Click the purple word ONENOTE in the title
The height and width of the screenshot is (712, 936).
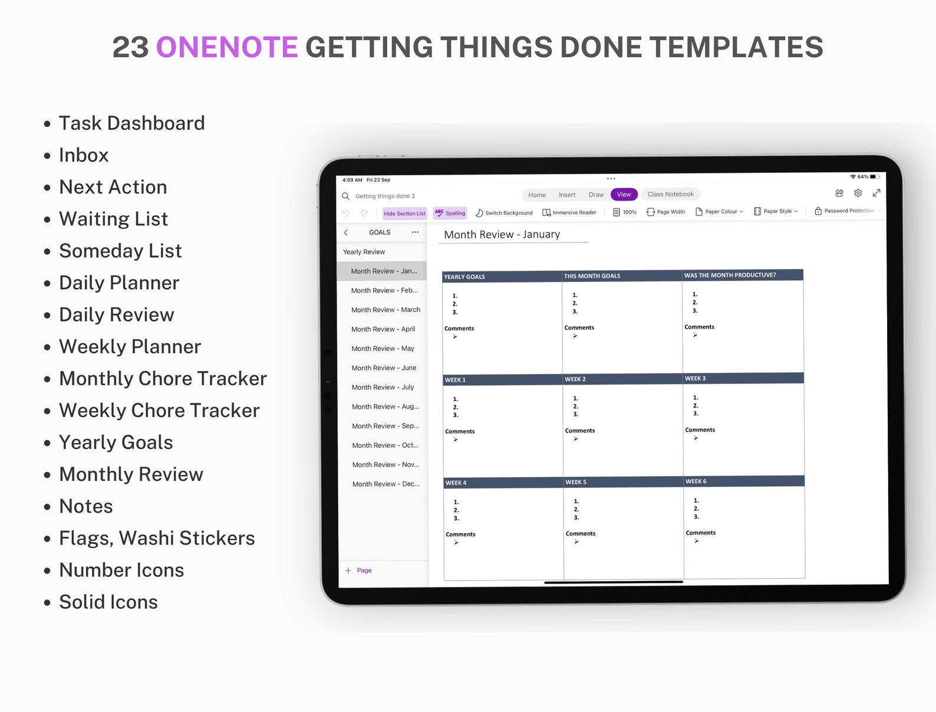[x=227, y=47]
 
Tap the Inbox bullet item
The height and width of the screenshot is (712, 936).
[x=84, y=155]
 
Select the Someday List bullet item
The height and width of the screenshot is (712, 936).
[x=120, y=251]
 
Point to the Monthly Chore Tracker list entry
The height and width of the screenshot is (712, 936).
[x=163, y=378]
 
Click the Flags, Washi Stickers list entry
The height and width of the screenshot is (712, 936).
[x=157, y=538]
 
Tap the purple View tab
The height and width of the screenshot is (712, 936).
[x=624, y=195]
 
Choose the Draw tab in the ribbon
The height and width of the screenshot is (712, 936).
[x=596, y=195]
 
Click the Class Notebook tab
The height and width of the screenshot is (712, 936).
[x=670, y=194]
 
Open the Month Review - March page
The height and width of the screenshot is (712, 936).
[x=385, y=310]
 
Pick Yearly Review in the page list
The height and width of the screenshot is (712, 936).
[x=364, y=252]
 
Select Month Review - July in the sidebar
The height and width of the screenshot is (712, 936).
[x=383, y=387]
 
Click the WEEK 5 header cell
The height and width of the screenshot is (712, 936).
[x=576, y=482]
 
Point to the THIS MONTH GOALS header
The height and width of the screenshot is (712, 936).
[x=592, y=275]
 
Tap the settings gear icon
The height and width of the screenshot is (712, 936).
[x=858, y=193]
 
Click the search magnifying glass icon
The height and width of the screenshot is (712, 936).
[x=346, y=196]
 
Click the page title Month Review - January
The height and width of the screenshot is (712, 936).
[x=502, y=234]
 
